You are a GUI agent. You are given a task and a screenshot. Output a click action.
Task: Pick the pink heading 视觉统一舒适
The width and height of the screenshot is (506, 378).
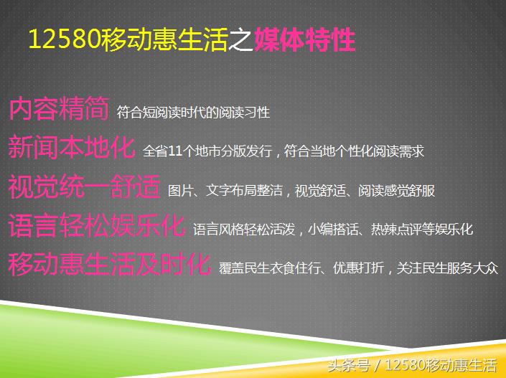pos(84,187)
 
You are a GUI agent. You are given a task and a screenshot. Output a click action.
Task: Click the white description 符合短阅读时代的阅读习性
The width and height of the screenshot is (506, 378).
pos(193,113)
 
